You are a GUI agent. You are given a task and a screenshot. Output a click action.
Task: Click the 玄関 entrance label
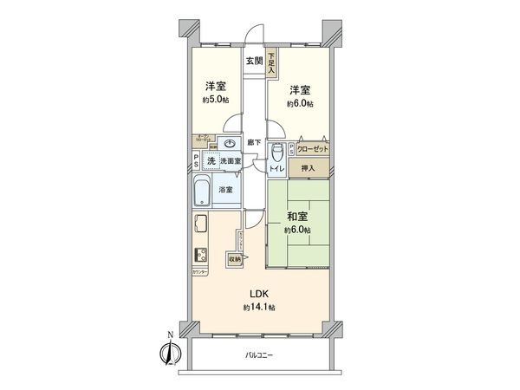pyautogui.click(x=253, y=61)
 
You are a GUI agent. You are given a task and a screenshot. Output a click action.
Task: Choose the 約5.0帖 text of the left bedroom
pyautogui.click(x=216, y=100)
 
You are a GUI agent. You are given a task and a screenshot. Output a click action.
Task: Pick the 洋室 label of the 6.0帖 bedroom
pyautogui.click(x=300, y=89)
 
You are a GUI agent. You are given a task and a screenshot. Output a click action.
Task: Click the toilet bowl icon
pyautogui.click(x=277, y=151)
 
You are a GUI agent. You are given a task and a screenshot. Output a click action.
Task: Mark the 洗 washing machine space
pyautogui.click(x=210, y=161)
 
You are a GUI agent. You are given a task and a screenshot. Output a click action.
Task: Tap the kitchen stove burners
pyautogui.click(x=199, y=255)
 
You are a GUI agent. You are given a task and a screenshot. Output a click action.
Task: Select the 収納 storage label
pyautogui.click(x=234, y=258)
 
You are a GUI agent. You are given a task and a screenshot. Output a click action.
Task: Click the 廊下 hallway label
pyautogui.click(x=253, y=141)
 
